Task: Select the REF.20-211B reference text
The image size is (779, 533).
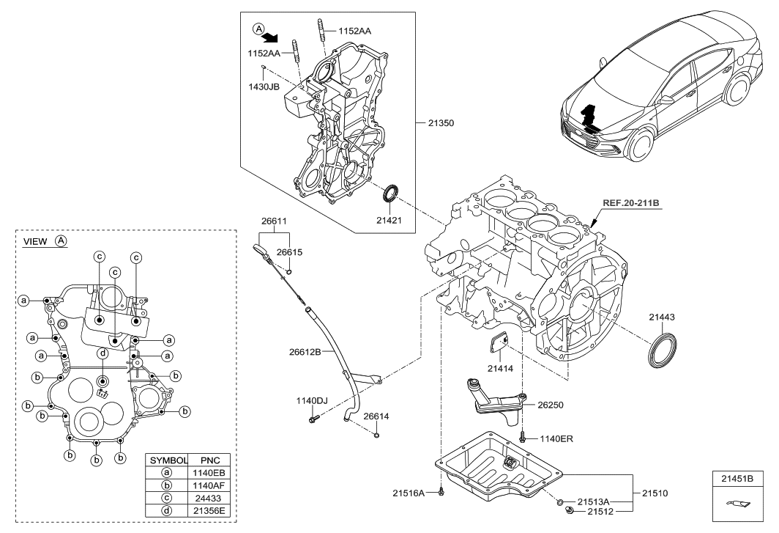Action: click(x=632, y=203)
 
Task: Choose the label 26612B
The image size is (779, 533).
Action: click(x=305, y=351)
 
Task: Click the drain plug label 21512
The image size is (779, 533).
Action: click(x=593, y=511)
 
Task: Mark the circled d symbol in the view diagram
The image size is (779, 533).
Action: click(x=103, y=353)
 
